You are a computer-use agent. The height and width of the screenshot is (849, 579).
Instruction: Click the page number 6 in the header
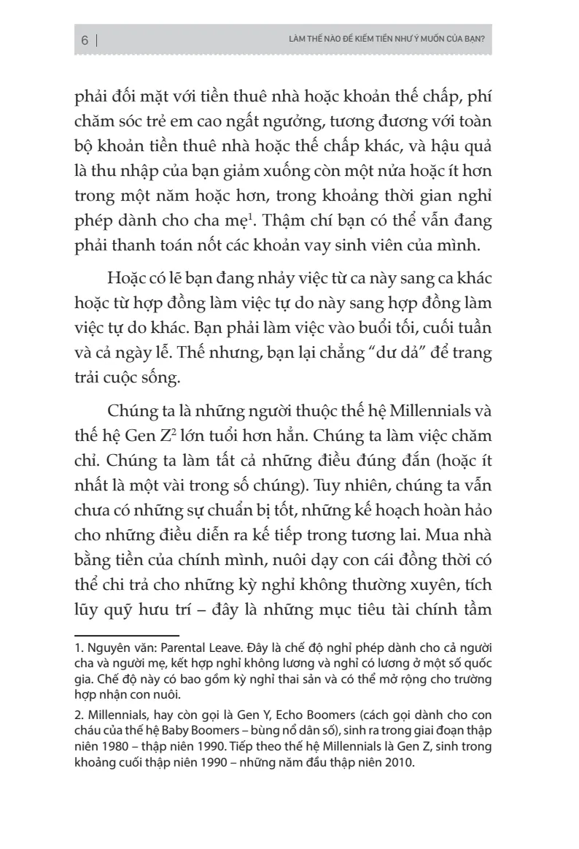(85, 41)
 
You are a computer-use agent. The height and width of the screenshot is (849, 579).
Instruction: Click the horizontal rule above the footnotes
(127, 634)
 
